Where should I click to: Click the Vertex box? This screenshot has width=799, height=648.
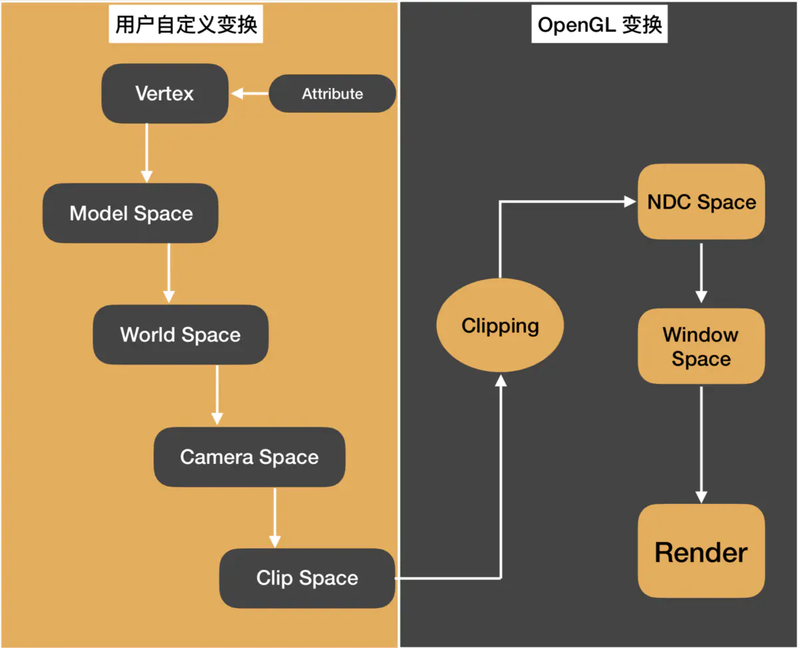click(x=164, y=93)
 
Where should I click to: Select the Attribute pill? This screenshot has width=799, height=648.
click(x=332, y=94)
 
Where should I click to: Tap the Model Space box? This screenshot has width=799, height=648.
click(x=131, y=213)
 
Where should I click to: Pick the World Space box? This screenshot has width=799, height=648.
click(x=180, y=335)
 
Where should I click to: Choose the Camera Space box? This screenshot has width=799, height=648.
click(x=249, y=457)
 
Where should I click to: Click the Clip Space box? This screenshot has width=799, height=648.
click(x=307, y=578)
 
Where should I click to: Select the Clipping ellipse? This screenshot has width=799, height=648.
click(x=500, y=326)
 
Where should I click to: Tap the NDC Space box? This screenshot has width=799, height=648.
click(x=701, y=202)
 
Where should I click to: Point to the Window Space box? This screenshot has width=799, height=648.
click(x=701, y=347)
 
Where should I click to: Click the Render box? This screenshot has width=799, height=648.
click(x=701, y=552)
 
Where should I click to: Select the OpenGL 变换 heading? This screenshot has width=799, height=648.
click(x=599, y=25)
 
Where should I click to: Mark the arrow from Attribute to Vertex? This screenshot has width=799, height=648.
click(x=250, y=94)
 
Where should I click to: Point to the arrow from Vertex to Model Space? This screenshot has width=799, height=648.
click(x=146, y=153)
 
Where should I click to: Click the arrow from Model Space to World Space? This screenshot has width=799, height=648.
click(x=168, y=273)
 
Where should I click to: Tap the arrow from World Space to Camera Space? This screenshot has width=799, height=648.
click(x=216, y=395)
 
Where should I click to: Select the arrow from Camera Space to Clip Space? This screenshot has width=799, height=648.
click(x=274, y=517)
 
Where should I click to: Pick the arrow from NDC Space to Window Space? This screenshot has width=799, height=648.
click(x=700, y=273)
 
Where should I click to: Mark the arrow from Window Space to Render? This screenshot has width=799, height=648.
click(x=700, y=444)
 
